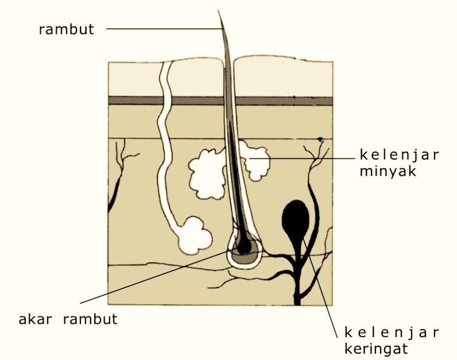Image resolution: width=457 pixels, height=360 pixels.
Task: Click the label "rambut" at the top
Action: (66, 29)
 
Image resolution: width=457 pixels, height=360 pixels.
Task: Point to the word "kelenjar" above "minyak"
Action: (399, 155)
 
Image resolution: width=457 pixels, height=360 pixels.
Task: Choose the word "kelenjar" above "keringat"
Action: (392, 332)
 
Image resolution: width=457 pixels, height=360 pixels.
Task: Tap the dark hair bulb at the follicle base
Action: (244, 246)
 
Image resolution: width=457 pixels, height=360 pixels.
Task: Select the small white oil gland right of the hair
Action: (256, 161)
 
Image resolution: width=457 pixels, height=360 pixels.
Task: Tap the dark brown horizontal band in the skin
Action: (172, 100)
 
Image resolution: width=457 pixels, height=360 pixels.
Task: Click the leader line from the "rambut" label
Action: (161, 29)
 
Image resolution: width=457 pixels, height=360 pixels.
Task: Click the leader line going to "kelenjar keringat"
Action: (322, 293)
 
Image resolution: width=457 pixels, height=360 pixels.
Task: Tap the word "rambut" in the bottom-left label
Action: (91, 319)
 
